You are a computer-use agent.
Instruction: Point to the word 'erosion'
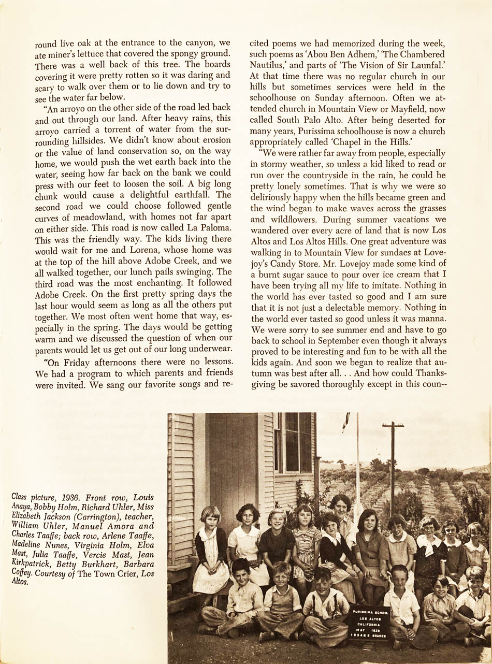[214, 140]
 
